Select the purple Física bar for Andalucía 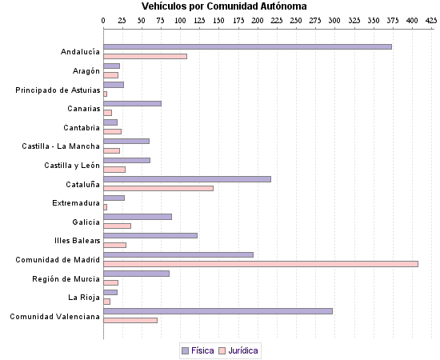click(247, 46)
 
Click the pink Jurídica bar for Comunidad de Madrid click(261, 263)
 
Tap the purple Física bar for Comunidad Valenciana click(218, 310)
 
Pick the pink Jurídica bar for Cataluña click(158, 188)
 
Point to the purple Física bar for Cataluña click(187, 178)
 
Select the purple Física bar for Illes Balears click(150, 235)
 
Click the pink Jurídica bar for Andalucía click(145, 56)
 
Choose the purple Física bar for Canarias click(132, 103)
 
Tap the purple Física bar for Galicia click(138, 216)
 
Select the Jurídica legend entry click(238, 350)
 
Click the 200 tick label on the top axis click(258, 19)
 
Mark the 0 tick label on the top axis click(104, 19)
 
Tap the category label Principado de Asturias click(58, 90)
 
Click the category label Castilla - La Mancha click(61, 146)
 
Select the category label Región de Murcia click(66, 278)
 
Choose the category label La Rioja click(84, 298)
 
